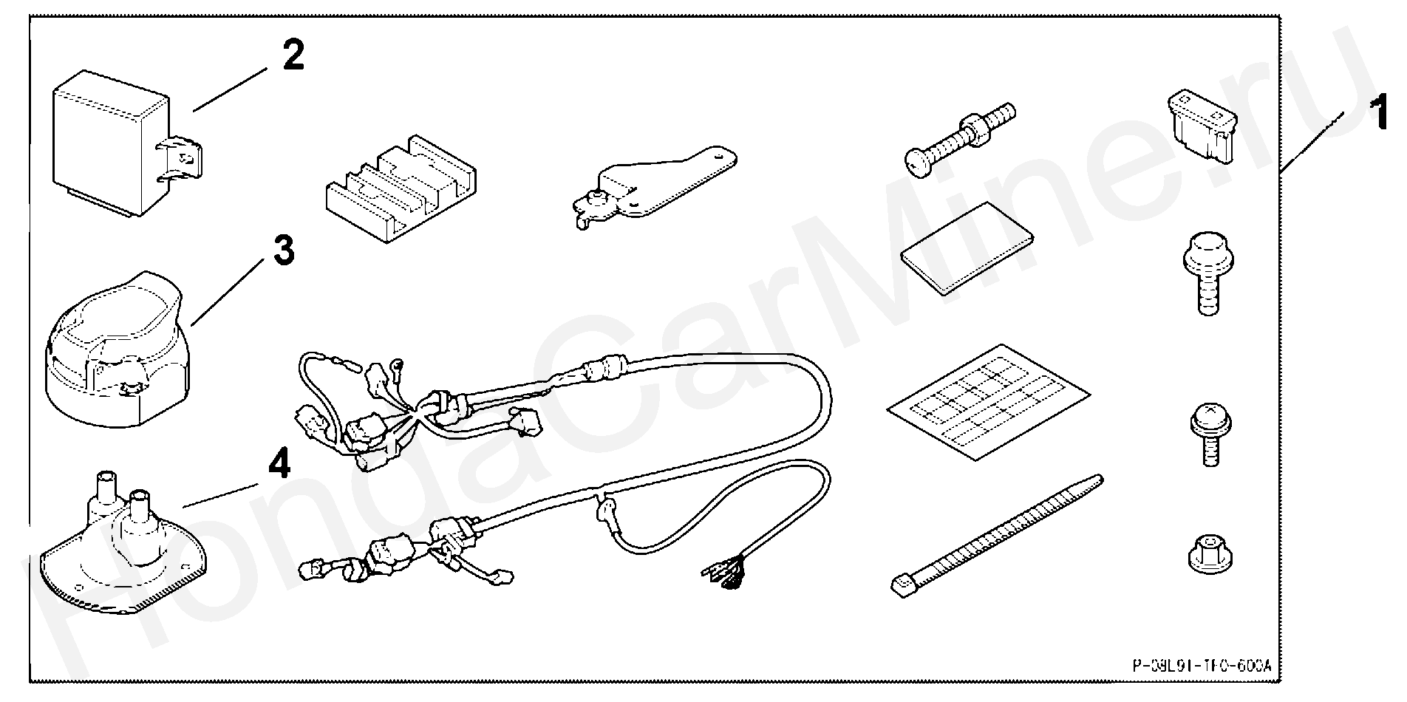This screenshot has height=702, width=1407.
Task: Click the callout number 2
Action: (293, 55)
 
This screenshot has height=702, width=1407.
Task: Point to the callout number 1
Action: (1378, 115)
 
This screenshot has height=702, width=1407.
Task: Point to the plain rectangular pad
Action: (967, 248)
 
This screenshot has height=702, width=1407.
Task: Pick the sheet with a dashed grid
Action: (988, 401)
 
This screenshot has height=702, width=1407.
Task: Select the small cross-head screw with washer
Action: (1207, 435)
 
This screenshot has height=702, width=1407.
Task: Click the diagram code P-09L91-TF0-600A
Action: (1202, 667)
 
